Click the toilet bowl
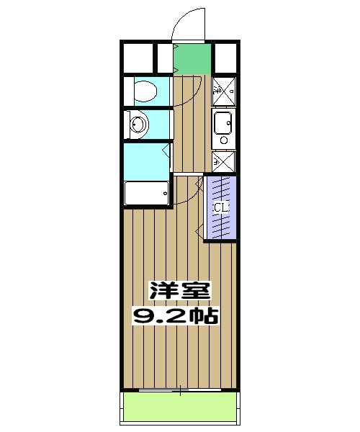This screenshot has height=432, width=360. tap(145, 91)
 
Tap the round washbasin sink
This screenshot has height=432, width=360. tap(137, 125)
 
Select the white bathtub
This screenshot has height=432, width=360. tap(146, 193)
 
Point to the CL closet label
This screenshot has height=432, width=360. tap(220, 207)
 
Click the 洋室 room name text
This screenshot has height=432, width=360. tap(180, 291)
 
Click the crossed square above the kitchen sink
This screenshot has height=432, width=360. tap(223, 91)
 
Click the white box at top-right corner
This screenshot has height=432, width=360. tap(225, 57)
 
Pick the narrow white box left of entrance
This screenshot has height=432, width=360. tap(165, 57)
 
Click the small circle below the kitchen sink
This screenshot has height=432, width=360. tap(223, 140)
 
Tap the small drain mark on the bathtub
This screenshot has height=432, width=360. tap(166, 192)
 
